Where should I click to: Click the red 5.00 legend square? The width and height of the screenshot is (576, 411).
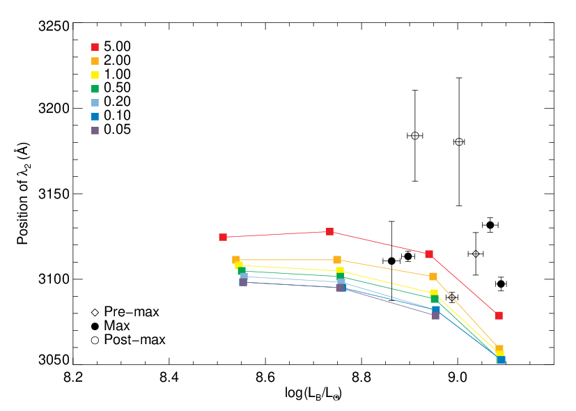95,47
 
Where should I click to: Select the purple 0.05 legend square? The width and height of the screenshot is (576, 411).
95,130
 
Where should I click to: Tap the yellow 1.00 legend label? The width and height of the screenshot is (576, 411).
117,75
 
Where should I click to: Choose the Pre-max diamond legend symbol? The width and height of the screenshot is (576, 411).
95,313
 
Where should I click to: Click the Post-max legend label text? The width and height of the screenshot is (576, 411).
135,340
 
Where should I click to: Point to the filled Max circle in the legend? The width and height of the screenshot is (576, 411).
95,326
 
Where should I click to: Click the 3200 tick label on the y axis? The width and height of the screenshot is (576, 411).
54,109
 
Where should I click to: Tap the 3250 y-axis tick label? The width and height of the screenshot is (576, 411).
54,26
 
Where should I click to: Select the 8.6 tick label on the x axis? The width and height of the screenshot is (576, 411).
265,377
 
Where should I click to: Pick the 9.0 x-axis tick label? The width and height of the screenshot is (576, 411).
458,377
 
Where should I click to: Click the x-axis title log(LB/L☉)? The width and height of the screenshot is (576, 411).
313,394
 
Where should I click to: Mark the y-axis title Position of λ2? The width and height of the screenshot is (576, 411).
23,194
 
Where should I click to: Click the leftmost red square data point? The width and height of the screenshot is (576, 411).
223,238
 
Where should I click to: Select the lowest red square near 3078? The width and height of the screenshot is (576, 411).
499,316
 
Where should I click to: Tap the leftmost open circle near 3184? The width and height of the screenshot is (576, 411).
415,136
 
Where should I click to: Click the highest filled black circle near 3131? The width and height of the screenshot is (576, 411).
490,225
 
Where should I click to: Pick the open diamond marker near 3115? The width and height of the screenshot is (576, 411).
476,254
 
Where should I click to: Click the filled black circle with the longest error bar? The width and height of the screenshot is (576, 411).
391,261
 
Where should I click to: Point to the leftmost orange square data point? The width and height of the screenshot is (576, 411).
236,260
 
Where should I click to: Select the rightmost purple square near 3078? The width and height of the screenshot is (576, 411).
436,316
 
